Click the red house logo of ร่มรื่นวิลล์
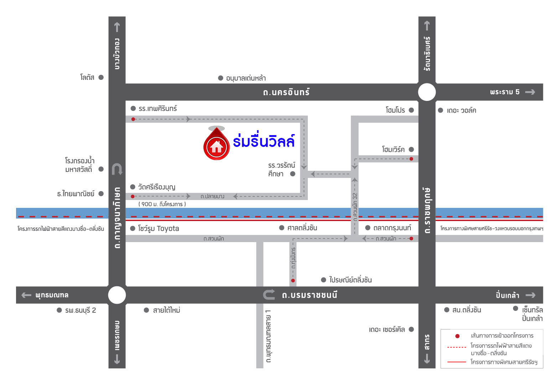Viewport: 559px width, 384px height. pos(216,146)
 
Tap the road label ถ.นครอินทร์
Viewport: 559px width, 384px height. pos(286,92)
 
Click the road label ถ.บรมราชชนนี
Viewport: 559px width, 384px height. pos(309,295)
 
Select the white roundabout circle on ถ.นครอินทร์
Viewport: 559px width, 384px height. pos(427,92)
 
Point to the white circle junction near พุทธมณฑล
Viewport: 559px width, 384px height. pos(117,295)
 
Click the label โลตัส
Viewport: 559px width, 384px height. pos(87,77)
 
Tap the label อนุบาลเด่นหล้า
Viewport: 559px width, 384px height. pos(246,78)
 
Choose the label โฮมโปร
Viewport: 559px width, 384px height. pos(395,110)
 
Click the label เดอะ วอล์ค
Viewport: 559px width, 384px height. pos(461,111)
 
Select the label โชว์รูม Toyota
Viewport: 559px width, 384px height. pos(159,229)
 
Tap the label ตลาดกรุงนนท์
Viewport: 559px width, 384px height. pos(392,228)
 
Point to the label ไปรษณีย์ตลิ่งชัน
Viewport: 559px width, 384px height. pos(350,280)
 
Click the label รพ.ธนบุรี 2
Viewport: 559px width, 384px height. pos(81,310)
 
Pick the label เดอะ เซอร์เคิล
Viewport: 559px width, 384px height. pos(387,329)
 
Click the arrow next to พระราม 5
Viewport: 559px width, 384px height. pos(530,92)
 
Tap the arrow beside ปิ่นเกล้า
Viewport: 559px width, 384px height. pos(530,295)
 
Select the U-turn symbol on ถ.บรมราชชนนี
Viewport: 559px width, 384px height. pos(269,295)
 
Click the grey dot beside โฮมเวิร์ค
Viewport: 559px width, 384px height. pos(412,149)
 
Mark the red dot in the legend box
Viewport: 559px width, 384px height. pos(457,336)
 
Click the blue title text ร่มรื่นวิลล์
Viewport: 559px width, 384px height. pos(264,142)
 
